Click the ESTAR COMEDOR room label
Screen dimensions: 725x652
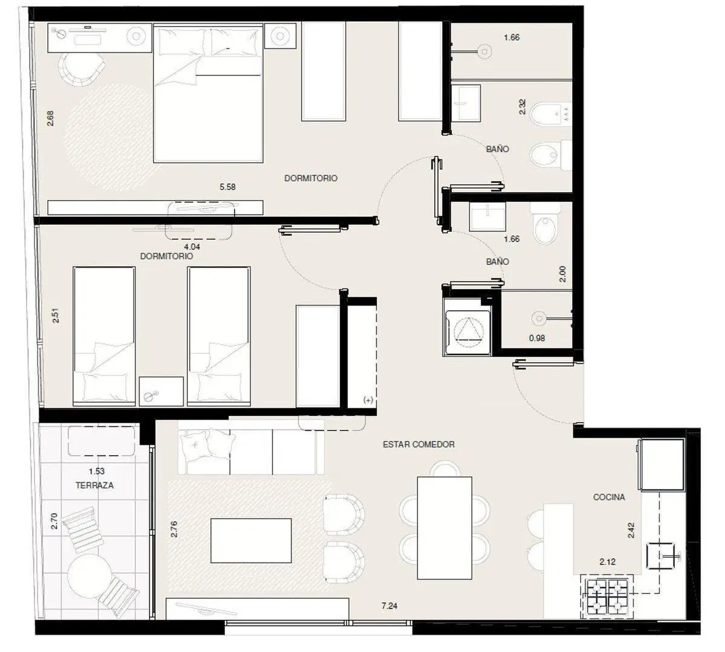419,444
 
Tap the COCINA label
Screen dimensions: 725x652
609,497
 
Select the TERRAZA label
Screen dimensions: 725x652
95,485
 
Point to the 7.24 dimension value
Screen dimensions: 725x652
389,606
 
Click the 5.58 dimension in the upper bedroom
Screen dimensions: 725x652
227,187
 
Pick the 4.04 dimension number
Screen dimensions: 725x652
192,247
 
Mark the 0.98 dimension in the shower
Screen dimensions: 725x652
536,338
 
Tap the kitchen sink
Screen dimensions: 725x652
661,556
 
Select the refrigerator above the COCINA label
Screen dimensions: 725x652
663,465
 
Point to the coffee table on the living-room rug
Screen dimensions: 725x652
251,540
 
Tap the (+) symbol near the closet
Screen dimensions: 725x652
368,400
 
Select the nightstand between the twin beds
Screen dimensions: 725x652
161,391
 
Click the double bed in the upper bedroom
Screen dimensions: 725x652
208,93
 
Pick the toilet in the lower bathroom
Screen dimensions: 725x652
546,223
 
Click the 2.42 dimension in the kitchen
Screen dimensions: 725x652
631,530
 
